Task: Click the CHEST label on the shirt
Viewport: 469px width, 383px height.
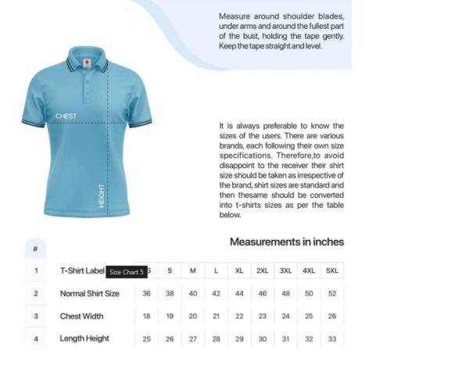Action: [x=66, y=116]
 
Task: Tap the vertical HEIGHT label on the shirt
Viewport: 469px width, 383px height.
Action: [x=102, y=195]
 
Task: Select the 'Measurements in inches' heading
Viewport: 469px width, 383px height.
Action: [x=286, y=242]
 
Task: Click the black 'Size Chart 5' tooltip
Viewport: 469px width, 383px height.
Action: [x=126, y=272]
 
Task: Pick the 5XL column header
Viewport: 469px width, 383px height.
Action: [x=332, y=271]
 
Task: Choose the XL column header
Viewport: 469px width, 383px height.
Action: [x=239, y=271]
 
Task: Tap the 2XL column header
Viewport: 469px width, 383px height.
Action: [x=263, y=271]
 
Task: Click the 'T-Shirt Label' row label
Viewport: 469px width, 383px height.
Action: [x=82, y=271]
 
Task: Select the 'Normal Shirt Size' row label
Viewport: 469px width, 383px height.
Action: [x=90, y=294]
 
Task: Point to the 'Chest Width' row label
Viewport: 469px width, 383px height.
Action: [x=81, y=317]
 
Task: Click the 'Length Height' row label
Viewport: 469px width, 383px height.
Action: [x=84, y=338]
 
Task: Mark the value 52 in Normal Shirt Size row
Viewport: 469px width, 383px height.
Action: [x=332, y=294]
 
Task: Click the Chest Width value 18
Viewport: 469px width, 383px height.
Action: [x=146, y=317]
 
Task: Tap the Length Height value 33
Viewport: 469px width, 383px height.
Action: [x=332, y=338]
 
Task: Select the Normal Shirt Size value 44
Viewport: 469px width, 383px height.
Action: [x=239, y=294]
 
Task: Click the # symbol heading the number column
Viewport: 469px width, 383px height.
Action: [x=35, y=249]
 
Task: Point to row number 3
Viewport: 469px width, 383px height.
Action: [x=36, y=317]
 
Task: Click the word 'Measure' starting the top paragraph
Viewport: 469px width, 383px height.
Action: [x=234, y=16]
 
